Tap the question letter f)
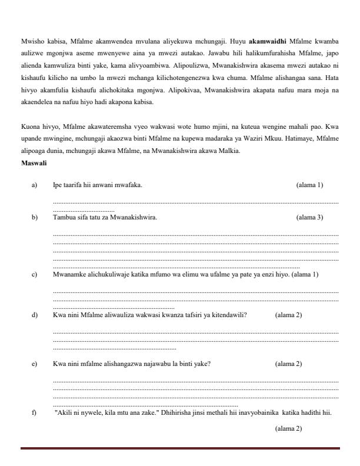pyautogui.click(x=34, y=412)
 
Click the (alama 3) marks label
pyautogui.click(x=309, y=217)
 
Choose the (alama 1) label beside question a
pyautogui.click(x=309, y=185)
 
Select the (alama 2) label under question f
pyautogui.click(x=288, y=428)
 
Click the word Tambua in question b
pyautogui.click(x=64, y=217)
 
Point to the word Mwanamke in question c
pyautogui.click(x=69, y=274)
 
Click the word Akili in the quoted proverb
pyautogui.click(x=64, y=412)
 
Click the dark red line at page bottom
pyautogui.click(x=180, y=448)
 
